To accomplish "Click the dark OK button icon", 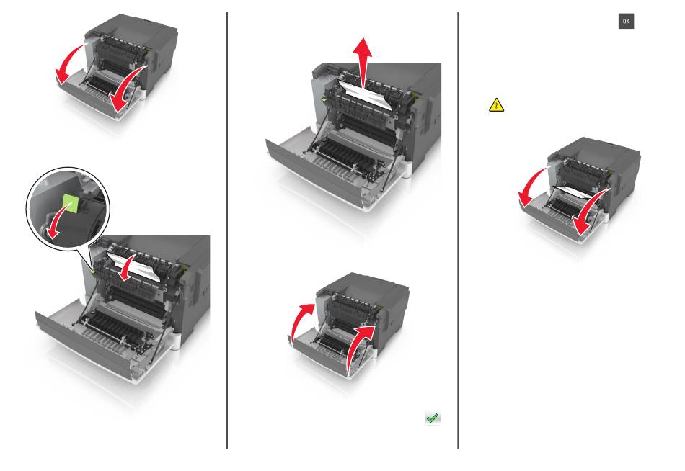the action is tap(626, 21).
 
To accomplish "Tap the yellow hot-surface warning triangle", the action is tap(496, 105).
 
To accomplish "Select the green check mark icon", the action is tap(433, 418).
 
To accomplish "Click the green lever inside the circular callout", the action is tap(71, 203).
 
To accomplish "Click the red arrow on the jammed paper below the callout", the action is tap(127, 267).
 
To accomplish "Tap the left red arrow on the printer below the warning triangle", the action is tap(531, 186).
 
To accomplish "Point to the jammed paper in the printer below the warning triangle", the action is tap(573, 190).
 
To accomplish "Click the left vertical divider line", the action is tap(227, 230).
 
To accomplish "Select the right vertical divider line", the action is tap(458, 230).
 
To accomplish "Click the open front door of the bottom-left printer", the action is tap(87, 345).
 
